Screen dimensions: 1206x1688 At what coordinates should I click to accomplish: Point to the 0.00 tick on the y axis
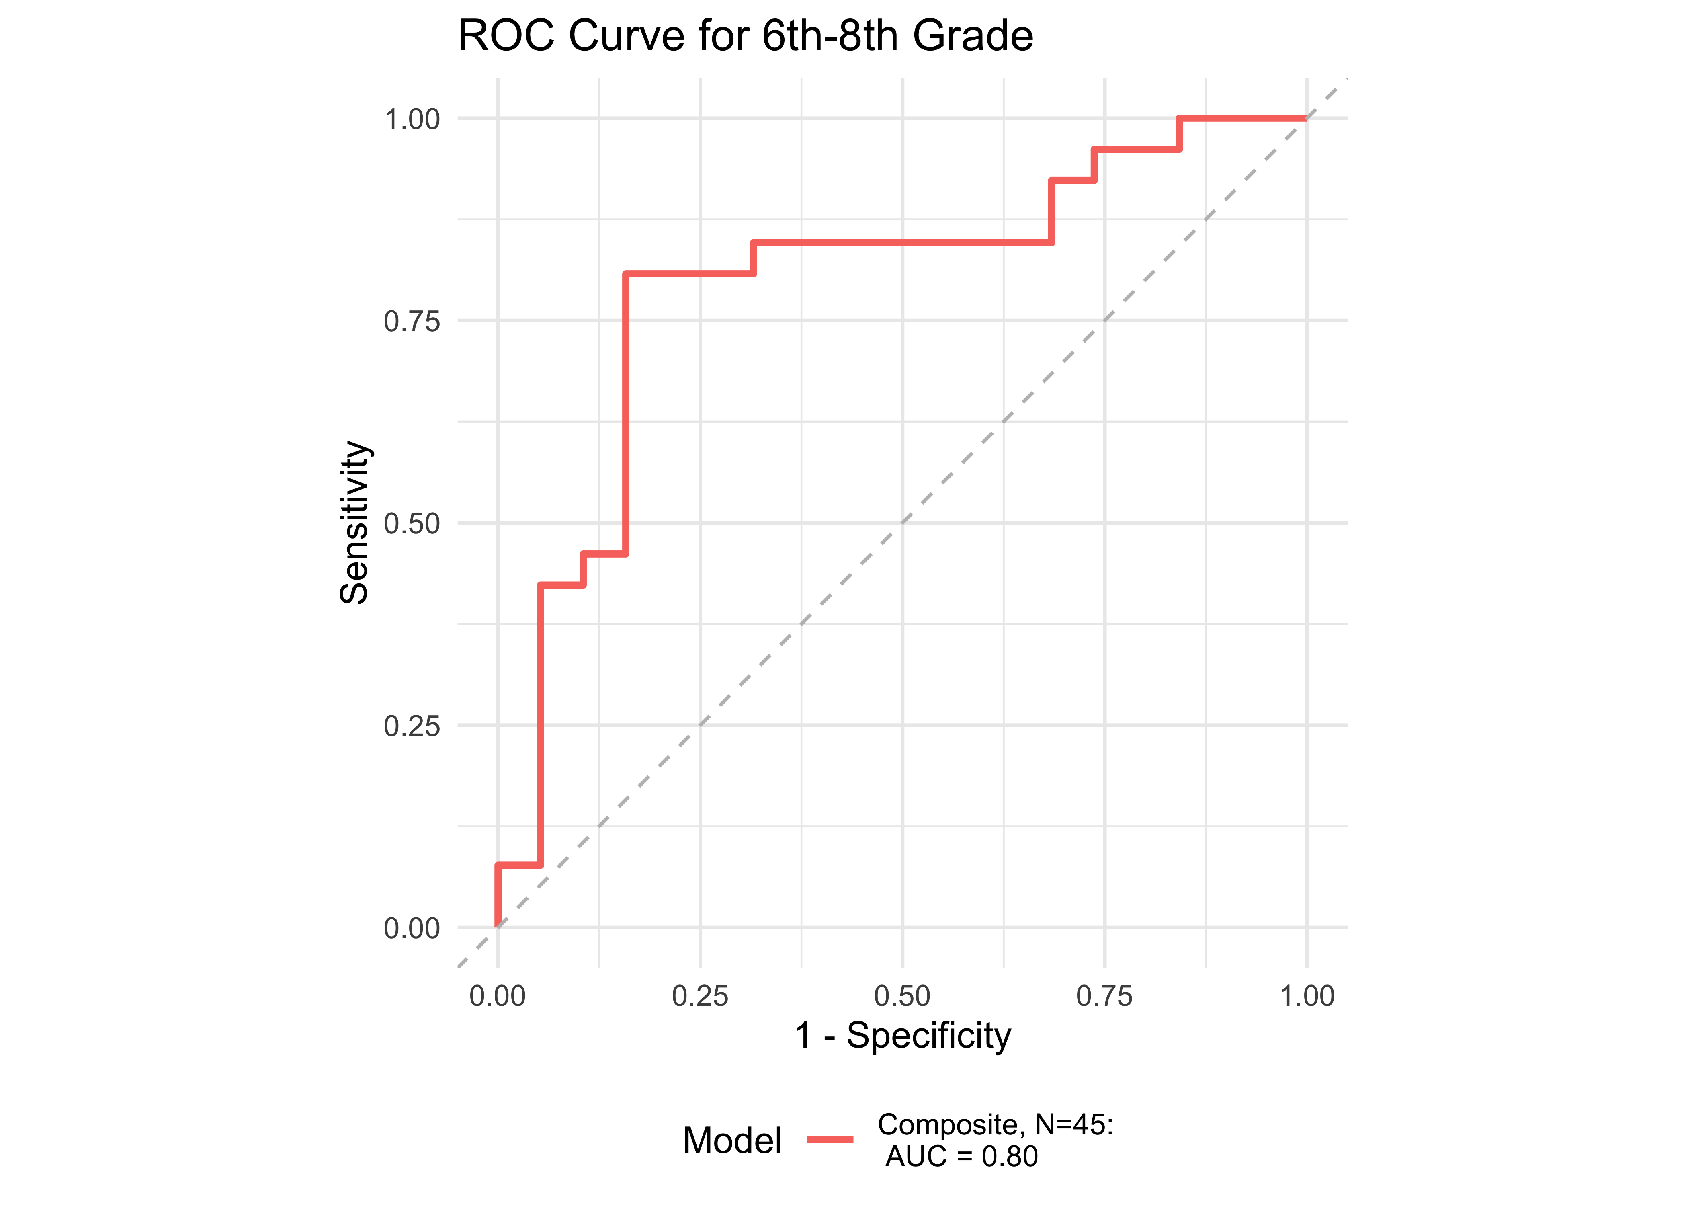pos(412,928)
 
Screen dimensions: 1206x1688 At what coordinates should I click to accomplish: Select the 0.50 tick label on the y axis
pos(412,523)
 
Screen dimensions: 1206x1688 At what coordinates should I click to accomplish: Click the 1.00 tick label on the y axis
pos(412,119)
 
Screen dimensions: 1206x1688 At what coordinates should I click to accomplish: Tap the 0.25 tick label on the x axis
pos(700,996)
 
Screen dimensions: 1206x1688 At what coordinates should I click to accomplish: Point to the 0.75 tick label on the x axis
pos(1104,996)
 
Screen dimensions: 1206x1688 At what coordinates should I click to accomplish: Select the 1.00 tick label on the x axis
pos(1307,996)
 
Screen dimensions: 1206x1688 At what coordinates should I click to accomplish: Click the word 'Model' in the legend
pos(732,1140)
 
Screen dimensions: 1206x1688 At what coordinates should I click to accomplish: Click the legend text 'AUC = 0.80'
pos(962,1156)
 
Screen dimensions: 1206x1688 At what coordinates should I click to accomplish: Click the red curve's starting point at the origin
pos(498,927)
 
